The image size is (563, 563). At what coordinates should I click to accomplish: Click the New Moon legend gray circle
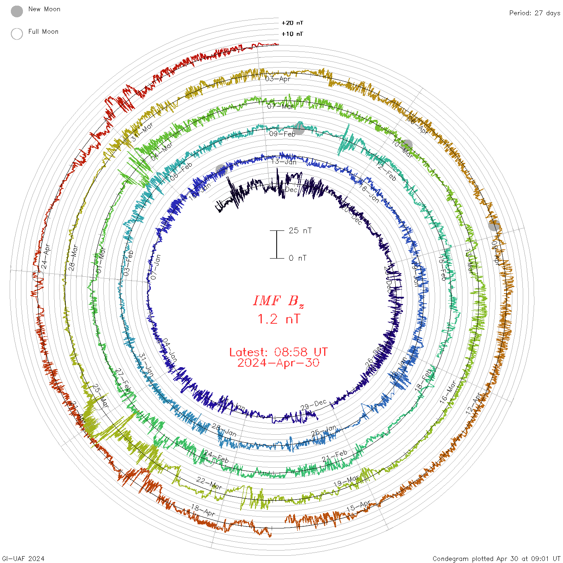[17, 11]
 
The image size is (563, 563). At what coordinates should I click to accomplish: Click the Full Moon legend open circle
[17, 34]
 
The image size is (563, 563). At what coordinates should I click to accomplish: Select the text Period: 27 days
[534, 13]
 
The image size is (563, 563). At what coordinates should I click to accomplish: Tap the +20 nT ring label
[292, 23]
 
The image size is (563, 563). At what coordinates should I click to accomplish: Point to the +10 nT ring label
[292, 34]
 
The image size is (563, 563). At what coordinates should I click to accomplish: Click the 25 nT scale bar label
[300, 230]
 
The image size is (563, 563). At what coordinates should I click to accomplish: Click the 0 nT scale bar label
[298, 258]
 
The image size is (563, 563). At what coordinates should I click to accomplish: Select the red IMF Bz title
[278, 301]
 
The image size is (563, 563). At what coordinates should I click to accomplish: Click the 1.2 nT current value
[278, 319]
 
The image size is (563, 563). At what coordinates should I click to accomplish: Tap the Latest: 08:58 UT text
[278, 352]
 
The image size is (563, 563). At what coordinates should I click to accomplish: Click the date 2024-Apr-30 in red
[278, 363]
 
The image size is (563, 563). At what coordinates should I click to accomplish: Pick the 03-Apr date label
[277, 79]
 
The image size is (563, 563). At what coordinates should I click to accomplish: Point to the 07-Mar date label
[280, 107]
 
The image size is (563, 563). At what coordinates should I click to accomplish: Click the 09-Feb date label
[282, 134]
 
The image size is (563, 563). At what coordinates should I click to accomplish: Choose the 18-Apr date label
[203, 510]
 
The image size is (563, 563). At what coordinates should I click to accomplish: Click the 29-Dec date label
[313, 405]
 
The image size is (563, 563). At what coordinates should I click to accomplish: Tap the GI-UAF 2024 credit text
[23, 559]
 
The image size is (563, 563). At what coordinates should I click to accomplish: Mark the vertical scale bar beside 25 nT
[277, 244]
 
